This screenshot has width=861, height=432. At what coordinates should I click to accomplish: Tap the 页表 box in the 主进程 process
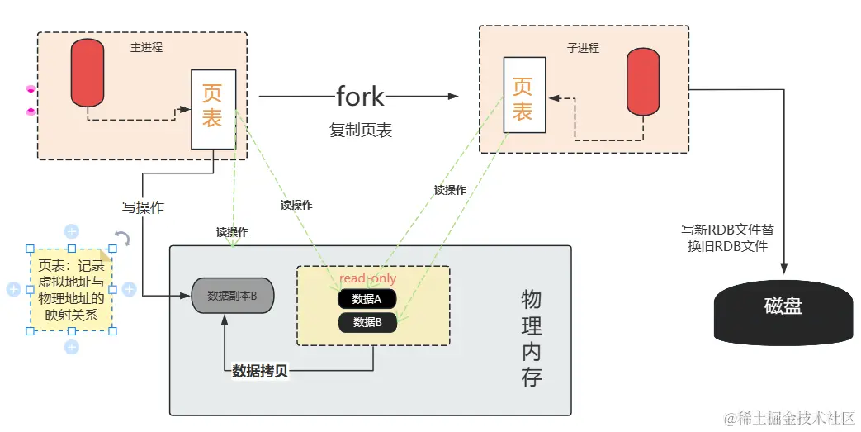tap(213, 108)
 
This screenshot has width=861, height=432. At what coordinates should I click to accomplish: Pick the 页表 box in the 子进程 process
tap(524, 94)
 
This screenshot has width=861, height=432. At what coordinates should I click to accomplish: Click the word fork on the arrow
tap(360, 96)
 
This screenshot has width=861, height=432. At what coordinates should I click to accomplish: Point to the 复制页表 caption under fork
tap(361, 131)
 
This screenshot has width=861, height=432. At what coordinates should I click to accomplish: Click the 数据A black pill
tap(367, 299)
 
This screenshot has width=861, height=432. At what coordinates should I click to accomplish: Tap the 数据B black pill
tap(367, 322)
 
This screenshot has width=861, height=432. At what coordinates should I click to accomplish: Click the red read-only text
tap(367, 279)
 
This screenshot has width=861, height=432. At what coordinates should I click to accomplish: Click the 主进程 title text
tap(147, 47)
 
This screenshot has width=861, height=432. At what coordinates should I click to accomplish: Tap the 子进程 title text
tap(583, 47)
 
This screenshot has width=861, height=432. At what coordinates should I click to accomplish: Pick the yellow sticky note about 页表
tap(71, 290)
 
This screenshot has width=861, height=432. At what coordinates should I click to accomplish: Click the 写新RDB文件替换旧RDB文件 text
tap(727, 238)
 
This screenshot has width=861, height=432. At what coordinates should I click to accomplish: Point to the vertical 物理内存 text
tap(532, 338)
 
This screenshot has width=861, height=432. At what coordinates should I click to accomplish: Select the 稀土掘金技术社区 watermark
tap(789, 419)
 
